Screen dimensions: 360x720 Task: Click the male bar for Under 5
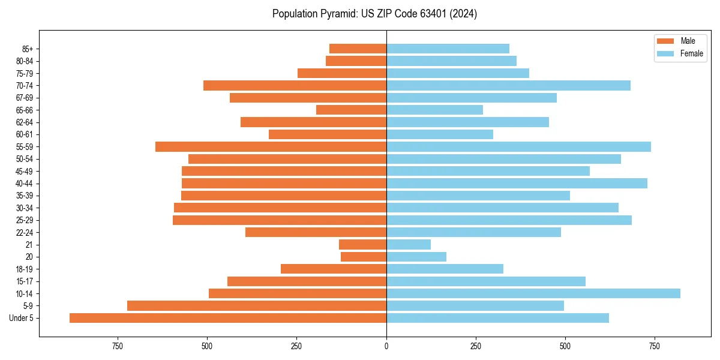click(x=228, y=318)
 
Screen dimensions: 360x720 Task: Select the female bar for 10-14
click(x=533, y=293)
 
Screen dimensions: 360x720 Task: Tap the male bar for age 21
click(x=362, y=244)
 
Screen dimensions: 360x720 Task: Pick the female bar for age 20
click(x=416, y=257)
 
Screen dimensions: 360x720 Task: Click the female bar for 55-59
click(x=518, y=146)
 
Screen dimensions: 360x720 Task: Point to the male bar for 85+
click(x=358, y=49)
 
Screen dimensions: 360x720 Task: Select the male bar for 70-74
click(x=295, y=85)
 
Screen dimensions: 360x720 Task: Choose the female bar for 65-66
click(x=434, y=110)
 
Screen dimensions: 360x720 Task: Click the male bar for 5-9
click(x=257, y=306)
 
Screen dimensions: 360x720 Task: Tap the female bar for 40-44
click(x=517, y=183)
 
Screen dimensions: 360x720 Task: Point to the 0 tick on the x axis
click(x=386, y=347)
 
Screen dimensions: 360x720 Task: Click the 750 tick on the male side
click(x=118, y=347)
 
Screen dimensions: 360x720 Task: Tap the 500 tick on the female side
click(x=565, y=347)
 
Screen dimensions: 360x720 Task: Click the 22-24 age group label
click(x=25, y=232)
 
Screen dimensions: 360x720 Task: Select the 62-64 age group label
click(x=25, y=122)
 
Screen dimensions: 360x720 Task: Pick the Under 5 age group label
click(x=22, y=318)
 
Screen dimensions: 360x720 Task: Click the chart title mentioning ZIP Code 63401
click(x=374, y=14)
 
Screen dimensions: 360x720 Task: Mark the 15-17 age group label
click(x=25, y=281)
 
